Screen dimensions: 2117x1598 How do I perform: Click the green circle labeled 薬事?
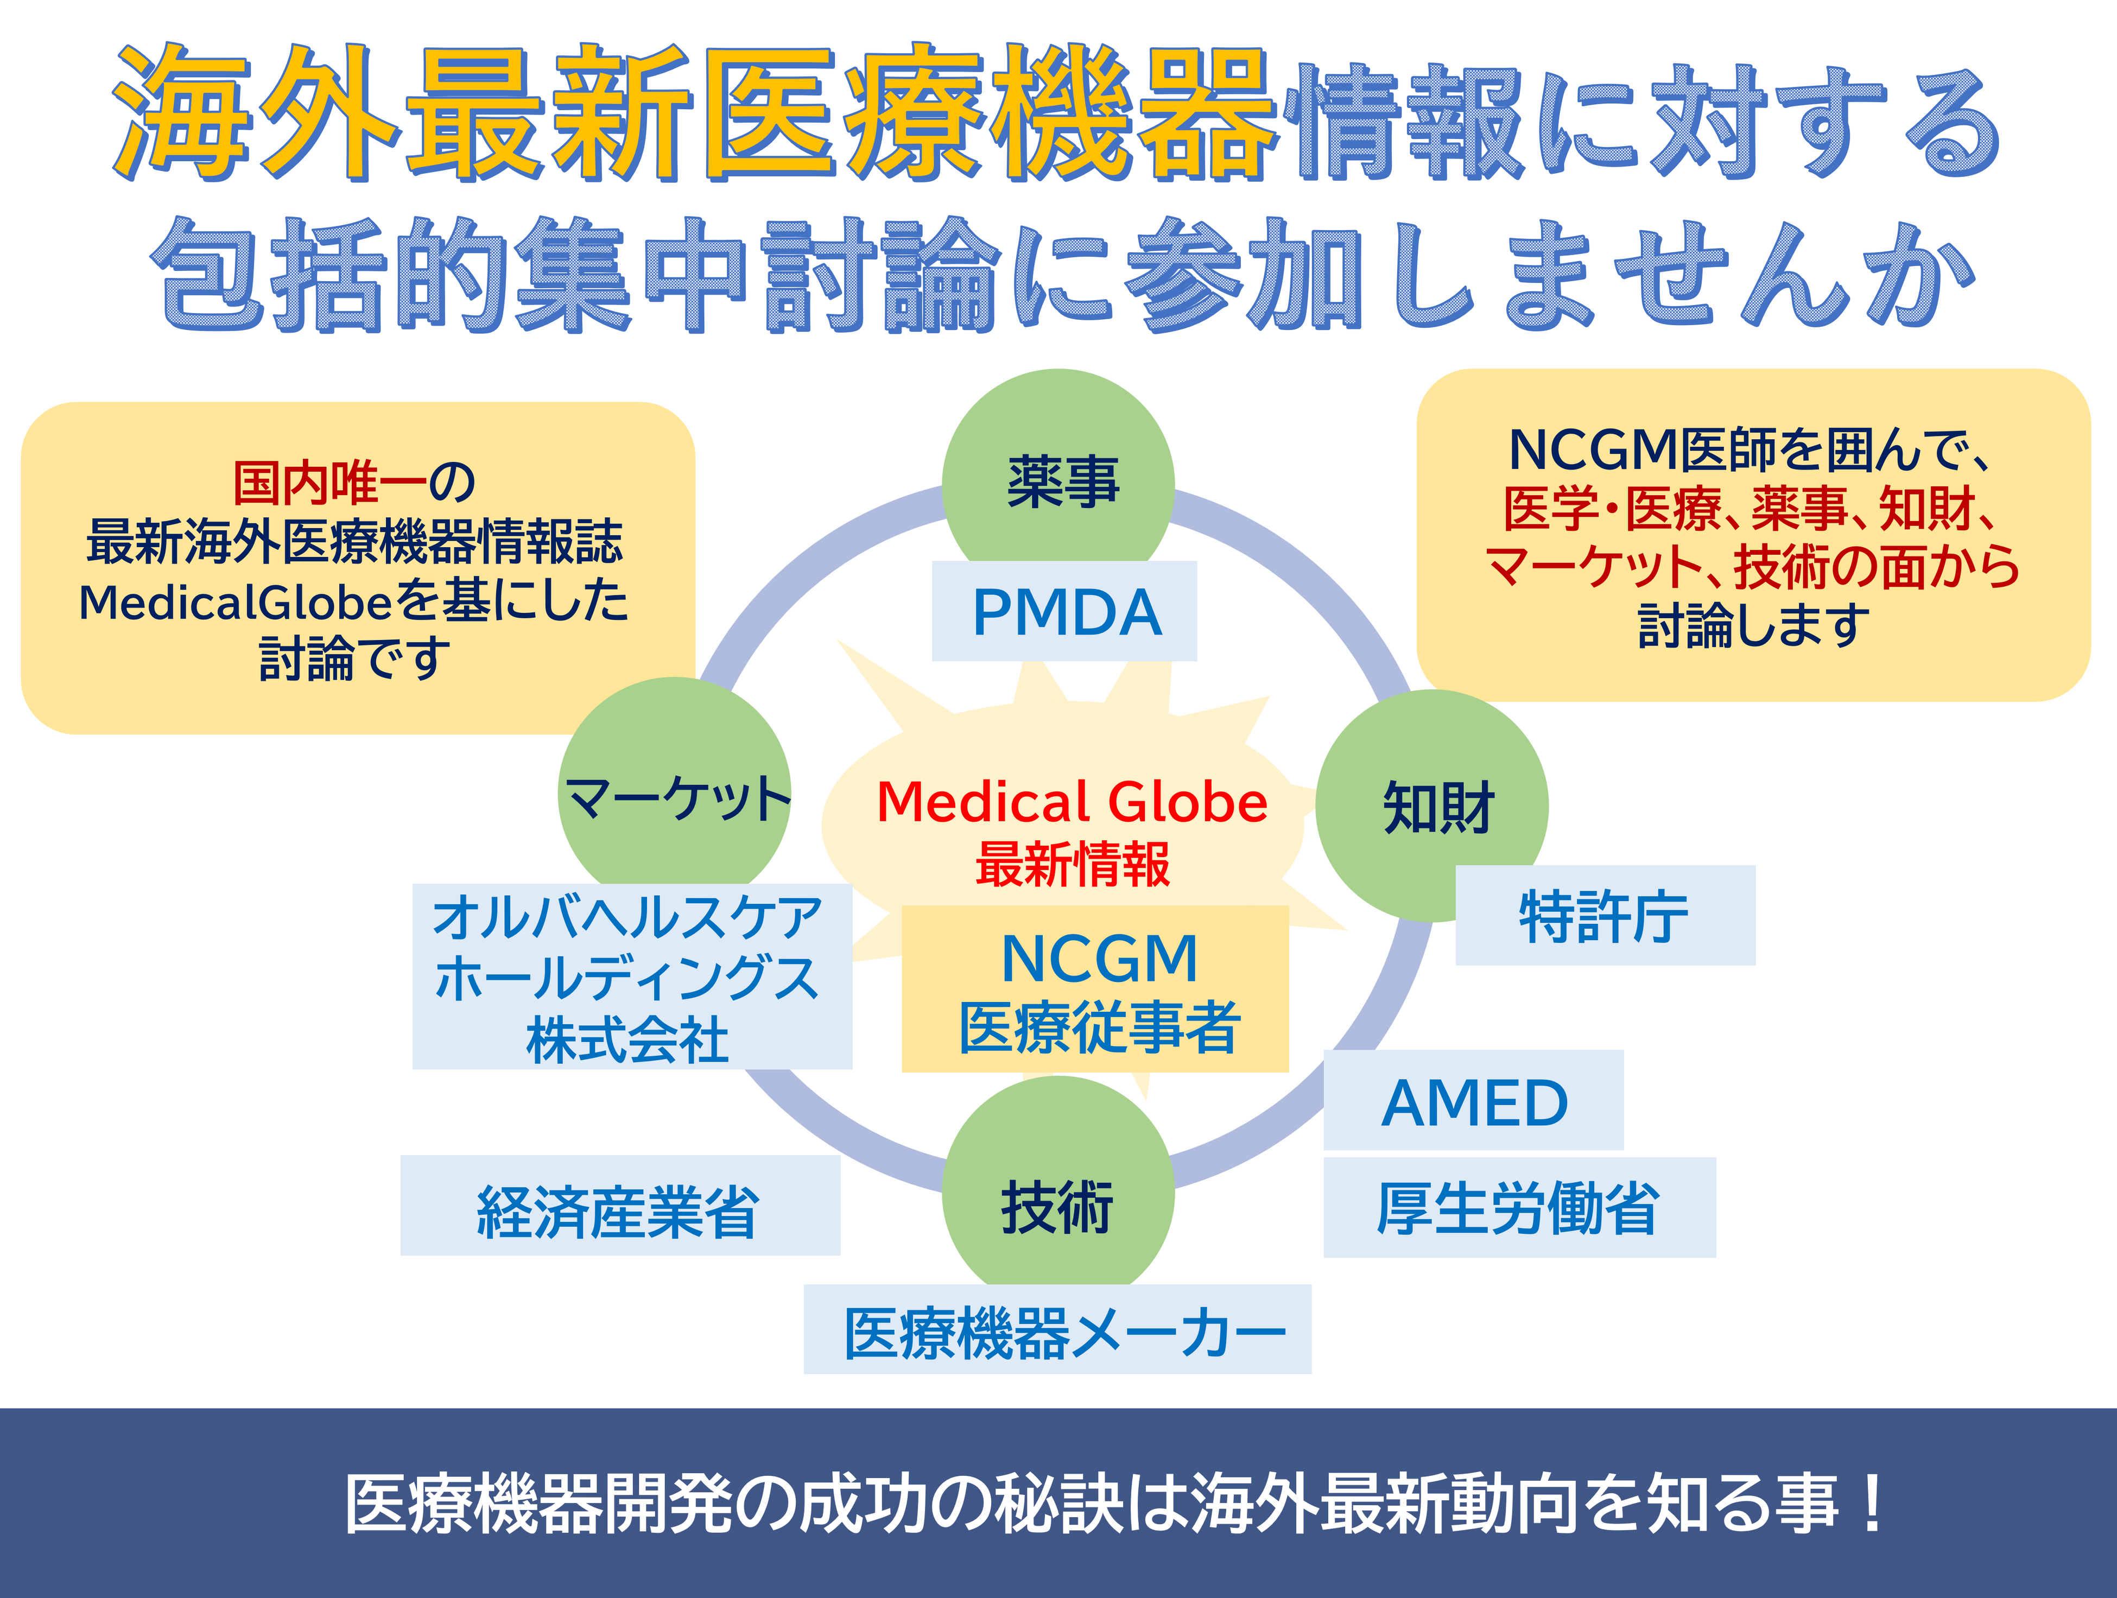pyautogui.click(x=1058, y=478)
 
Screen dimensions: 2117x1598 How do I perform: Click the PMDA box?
pyautogui.click(x=1065, y=611)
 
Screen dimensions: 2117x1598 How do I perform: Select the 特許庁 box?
pyautogui.click(x=1605, y=916)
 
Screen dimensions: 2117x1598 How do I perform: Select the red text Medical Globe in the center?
pyautogui.click(x=1072, y=802)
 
